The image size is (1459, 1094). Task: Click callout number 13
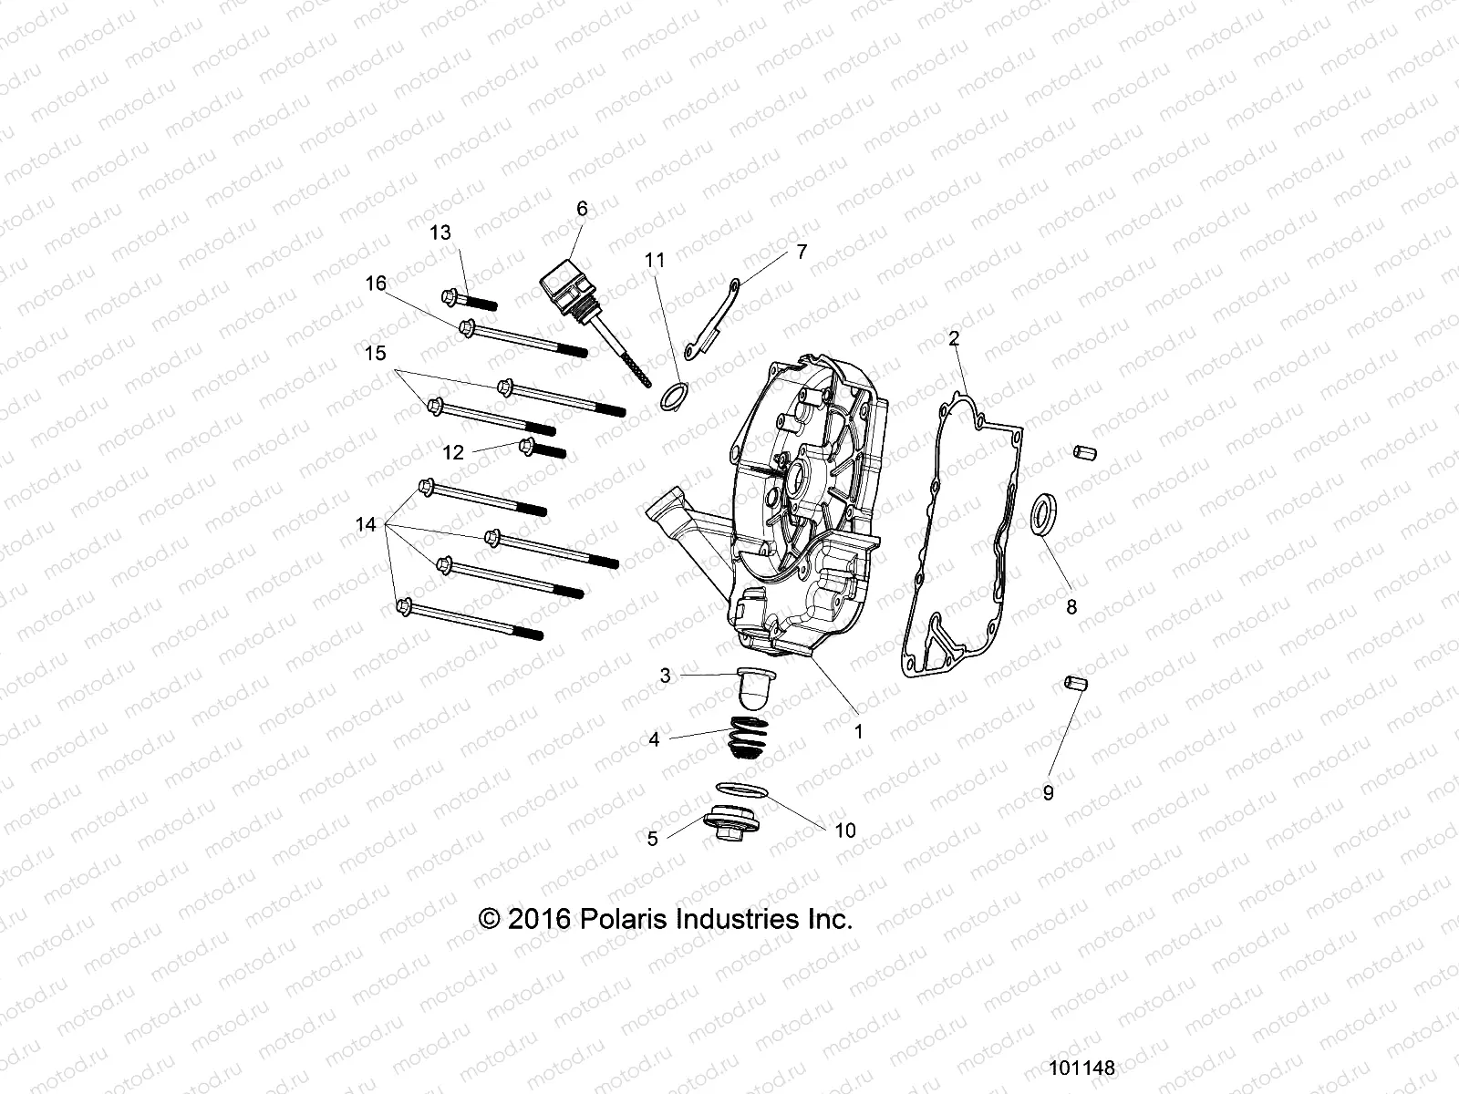point(440,232)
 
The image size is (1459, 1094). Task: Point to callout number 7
point(802,252)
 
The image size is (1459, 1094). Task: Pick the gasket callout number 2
point(954,339)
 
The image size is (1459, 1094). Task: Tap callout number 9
point(1048,793)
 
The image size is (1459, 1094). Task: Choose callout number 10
point(845,831)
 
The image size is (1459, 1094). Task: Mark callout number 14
point(366,524)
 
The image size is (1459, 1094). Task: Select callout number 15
point(376,353)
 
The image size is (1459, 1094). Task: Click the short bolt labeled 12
point(542,449)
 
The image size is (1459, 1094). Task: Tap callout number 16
point(376,284)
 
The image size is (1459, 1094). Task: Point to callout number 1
point(858,730)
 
